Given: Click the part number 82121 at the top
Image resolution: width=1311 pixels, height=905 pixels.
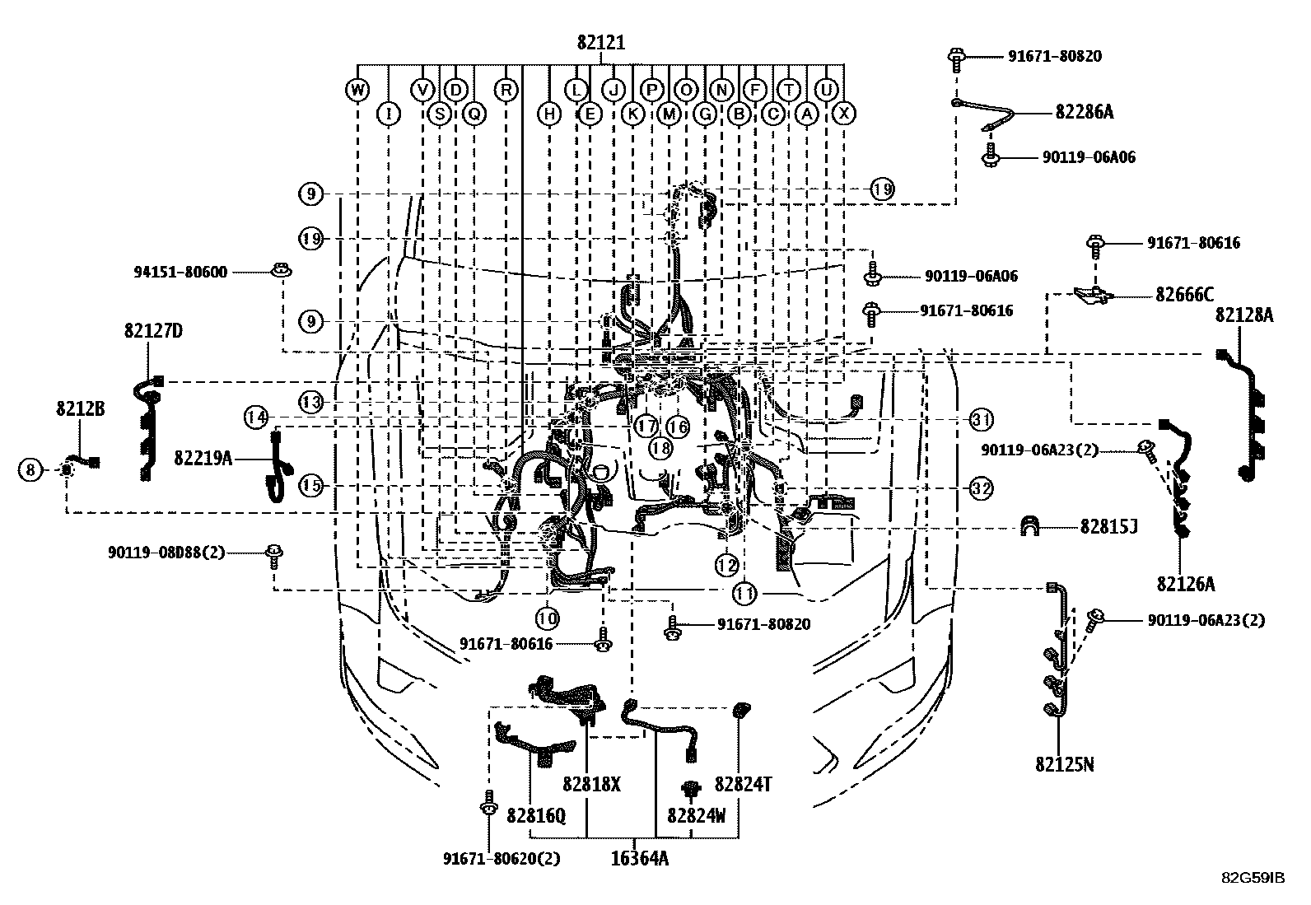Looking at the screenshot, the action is tap(601, 43).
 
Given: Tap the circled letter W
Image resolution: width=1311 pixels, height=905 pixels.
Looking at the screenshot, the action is tap(357, 90).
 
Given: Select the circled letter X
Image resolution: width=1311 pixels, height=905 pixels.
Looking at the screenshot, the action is tap(843, 114).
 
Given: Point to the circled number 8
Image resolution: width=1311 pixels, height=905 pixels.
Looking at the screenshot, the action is tap(30, 469).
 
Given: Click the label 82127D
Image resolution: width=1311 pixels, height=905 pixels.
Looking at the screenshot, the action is tap(153, 331).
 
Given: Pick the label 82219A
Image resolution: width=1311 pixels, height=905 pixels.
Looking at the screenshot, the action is tap(203, 458).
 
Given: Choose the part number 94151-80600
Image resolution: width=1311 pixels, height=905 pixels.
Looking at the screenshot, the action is tap(180, 273).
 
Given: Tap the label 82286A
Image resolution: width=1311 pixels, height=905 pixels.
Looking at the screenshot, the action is tap(1085, 112).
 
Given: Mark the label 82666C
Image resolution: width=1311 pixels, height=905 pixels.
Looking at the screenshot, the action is tap(1184, 295).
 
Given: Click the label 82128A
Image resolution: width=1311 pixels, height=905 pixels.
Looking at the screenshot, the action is tap(1244, 315).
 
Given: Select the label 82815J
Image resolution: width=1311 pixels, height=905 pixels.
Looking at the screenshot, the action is tap(1109, 527).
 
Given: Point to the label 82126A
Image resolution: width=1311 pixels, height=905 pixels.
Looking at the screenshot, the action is tap(1186, 584).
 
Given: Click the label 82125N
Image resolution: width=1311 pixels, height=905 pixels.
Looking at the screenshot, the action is tap(1065, 764).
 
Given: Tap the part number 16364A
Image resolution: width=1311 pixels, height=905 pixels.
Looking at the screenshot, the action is tap(640, 859).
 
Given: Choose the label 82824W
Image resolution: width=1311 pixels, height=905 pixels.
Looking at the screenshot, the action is tap(697, 815).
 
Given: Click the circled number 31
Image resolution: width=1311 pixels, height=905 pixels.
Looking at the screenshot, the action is tap(982, 419).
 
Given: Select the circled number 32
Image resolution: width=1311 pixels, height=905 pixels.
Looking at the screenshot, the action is tap(982, 487).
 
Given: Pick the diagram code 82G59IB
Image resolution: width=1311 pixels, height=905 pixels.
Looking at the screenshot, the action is tap(1253, 893).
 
